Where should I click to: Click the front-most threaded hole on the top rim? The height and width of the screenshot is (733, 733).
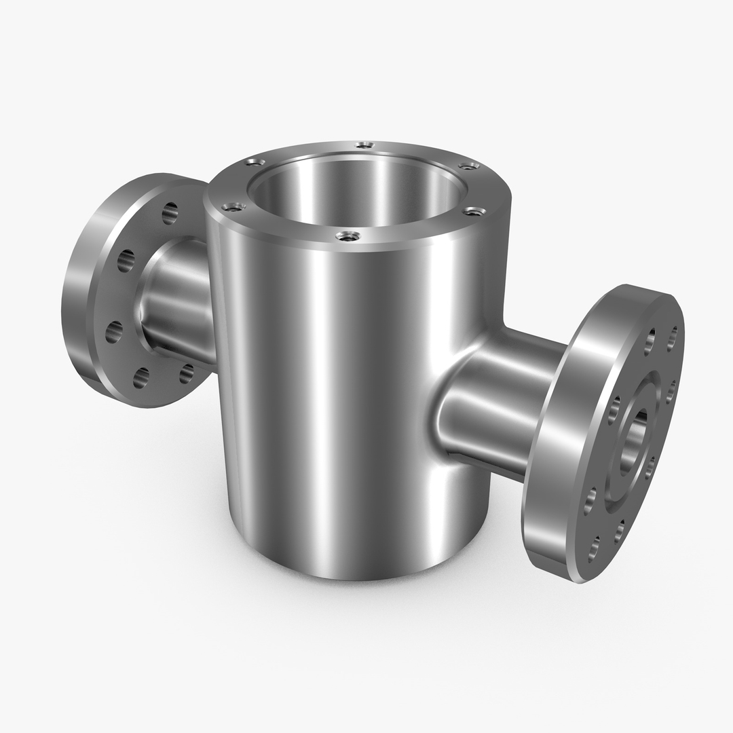tap(348, 236)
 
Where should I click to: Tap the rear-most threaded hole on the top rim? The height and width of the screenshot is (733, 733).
tap(364, 145)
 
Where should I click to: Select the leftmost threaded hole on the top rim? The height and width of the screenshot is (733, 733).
tap(233, 207)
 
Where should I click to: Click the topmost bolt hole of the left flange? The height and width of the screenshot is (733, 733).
tap(170, 213)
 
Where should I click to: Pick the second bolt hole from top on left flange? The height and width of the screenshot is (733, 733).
tap(126, 261)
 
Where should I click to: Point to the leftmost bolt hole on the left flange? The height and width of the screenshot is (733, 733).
tap(114, 332)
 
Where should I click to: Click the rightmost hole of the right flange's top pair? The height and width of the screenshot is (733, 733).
tap(672, 338)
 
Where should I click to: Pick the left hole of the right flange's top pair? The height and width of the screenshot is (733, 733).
tap(650, 341)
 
